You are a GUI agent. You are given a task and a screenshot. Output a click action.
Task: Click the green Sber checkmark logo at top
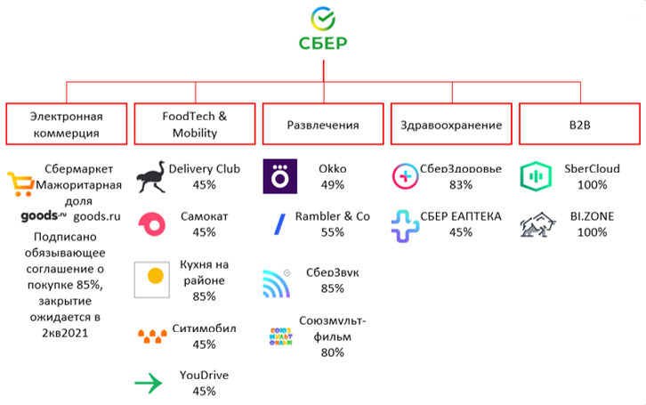(323, 18)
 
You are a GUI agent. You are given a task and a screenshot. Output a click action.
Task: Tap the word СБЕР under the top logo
(323, 42)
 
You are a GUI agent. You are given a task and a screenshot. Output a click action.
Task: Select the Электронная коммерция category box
(67, 125)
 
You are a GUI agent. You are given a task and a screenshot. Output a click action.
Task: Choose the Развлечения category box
(323, 125)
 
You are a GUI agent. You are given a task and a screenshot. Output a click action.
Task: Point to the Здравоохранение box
(451, 125)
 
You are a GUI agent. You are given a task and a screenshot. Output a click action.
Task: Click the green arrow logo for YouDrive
(149, 384)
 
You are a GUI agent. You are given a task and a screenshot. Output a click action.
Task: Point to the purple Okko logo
(281, 176)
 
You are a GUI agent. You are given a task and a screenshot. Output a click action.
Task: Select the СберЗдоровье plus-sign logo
(408, 176)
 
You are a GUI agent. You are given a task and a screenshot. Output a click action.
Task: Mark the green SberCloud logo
(536, 176)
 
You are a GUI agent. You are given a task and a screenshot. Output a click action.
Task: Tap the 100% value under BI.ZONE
(592, 232)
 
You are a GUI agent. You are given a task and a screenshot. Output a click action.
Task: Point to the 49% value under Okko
(331, 184)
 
